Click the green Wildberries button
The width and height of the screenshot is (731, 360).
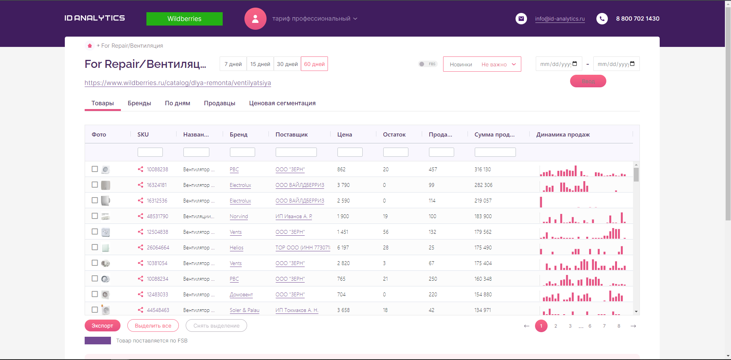click(184, 19)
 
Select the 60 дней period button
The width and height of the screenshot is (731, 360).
click(314, 64)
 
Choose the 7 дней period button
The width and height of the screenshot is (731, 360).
click(233, 64)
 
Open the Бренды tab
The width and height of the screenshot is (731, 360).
click(139, 103)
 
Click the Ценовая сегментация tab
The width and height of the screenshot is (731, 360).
click(282, 103)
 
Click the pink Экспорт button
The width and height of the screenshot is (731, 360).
click(102, 326)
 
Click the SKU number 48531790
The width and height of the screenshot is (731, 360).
click(157, 216)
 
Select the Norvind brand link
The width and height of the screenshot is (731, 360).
click(239, 216)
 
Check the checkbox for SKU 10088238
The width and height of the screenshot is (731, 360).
click(95, 169)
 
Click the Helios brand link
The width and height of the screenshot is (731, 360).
click(236, 247)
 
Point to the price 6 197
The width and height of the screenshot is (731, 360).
click(343, 247)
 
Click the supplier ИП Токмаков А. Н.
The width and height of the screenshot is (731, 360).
click(297, 310)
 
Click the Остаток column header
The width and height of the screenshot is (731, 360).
click(394, 135)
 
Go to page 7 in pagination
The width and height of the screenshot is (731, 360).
click(604, 326)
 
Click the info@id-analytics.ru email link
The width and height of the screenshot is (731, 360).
click(559, 19)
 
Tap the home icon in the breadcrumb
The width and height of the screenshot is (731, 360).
click(90, 46)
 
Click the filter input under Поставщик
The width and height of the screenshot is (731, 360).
click(296, 152)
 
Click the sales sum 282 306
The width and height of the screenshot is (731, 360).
click(483, 185)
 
